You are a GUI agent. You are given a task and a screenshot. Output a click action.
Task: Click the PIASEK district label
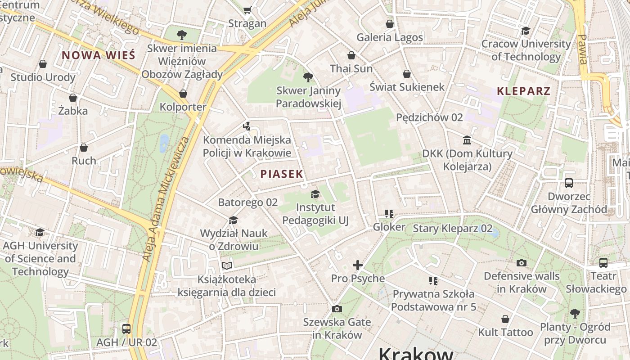pos(282,174)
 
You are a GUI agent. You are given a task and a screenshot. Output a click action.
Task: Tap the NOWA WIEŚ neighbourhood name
pos(98,55)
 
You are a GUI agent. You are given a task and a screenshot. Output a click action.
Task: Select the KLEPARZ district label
pos(523,91)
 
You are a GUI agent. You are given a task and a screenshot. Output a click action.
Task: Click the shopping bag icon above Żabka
pos(73,98)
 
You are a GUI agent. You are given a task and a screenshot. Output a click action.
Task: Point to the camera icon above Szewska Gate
pos(337,309)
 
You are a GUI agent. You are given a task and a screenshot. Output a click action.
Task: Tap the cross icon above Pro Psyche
pos(358,265)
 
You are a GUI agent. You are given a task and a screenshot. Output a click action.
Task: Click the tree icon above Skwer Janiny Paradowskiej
pos(308,77)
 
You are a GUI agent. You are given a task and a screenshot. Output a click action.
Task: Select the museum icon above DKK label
pos(467,140)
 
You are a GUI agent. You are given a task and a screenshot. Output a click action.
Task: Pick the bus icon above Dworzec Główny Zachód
pos(569,183)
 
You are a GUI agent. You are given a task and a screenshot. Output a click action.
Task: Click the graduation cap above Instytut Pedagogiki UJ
pos(315,194)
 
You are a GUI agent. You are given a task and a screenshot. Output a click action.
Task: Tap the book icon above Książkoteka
pos(227,266)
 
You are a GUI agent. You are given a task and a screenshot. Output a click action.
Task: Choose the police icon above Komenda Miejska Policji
pos(247,126)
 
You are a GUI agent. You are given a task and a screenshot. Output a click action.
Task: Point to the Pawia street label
pos(583,49)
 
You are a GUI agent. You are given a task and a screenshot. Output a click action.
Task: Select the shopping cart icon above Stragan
pos(247,10)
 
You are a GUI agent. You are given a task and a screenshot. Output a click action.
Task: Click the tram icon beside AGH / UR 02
pos(126,328)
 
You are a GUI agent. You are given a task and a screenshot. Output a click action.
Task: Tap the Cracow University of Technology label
pos(526,50)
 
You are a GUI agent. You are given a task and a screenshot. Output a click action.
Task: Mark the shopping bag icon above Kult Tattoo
pos(505,319)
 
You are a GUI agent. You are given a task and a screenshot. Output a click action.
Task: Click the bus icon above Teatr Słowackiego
pos(603,262)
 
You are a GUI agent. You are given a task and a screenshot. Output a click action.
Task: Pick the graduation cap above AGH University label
pos(40,232)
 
